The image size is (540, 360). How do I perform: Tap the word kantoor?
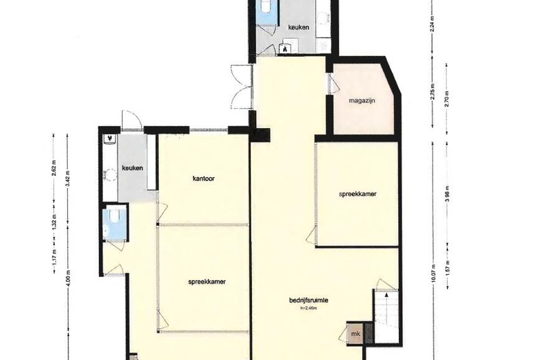(x=204, y=179)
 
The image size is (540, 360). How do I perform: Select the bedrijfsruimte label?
(x=308, y=300)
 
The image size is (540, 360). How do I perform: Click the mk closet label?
(x=356, y=334)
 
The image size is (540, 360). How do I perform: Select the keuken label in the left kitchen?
(x=132, y=168)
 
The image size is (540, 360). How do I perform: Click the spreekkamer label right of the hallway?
(x=357, y=195)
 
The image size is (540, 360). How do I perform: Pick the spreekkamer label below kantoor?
(x=208, y=282)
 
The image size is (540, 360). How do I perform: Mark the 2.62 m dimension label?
(x=53, y=169)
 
